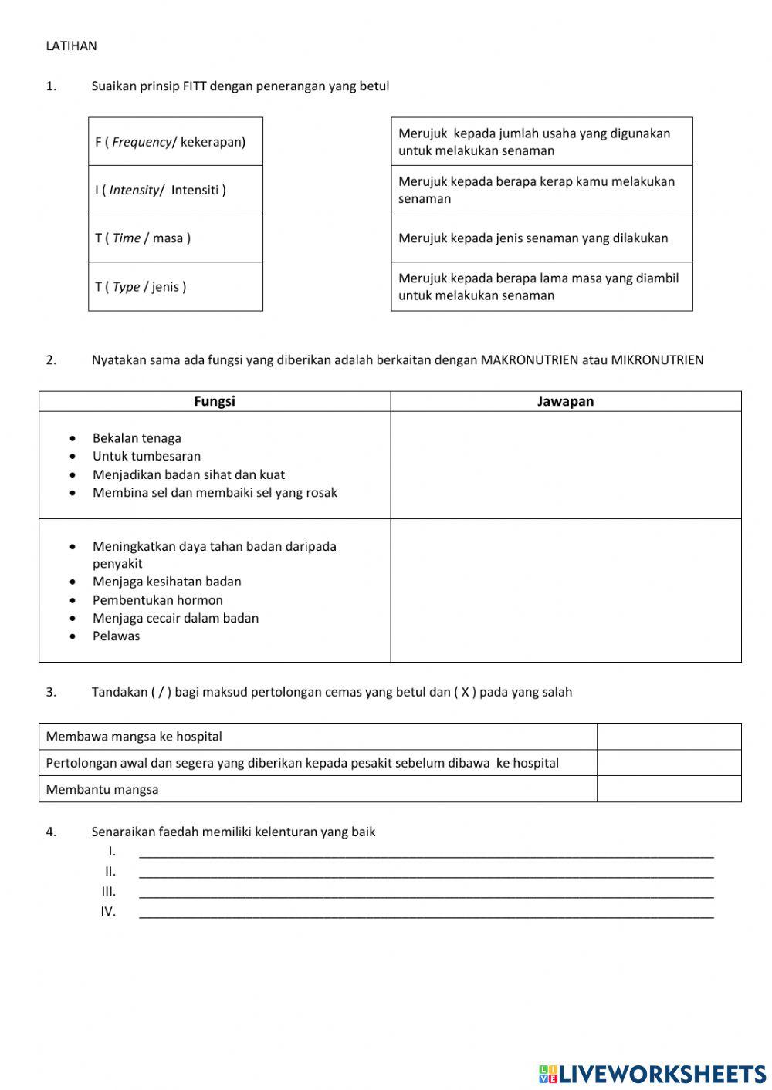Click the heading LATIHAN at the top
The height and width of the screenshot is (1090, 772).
tap(71, 46)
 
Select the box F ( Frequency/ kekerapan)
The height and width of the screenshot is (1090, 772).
tap(175, 142)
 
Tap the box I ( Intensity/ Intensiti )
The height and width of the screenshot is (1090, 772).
tap(175, 190)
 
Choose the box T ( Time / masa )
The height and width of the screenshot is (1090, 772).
tap(175, 238)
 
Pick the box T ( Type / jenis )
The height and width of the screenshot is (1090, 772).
tap(175, 287)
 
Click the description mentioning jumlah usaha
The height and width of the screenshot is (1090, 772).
tap(541, 142)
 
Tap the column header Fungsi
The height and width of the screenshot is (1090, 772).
tap(215, 401)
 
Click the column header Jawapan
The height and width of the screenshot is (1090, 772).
tap(565, 401)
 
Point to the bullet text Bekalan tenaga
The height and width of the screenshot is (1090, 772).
tap(137, 438)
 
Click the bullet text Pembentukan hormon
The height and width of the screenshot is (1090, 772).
tap(157, 600)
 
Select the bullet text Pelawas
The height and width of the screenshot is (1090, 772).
tap(117, 636)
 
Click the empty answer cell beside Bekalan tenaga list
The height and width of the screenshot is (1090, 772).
tap(565, 464)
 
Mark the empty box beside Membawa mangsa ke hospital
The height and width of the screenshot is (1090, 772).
tap(669, 737)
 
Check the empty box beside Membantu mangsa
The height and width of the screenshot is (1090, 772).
tap(669, 789)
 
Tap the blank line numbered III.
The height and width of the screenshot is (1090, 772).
tap(426, 892)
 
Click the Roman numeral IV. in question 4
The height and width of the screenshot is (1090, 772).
tap(108, 912)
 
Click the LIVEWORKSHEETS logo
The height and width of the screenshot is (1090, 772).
tap(652, 1073)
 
